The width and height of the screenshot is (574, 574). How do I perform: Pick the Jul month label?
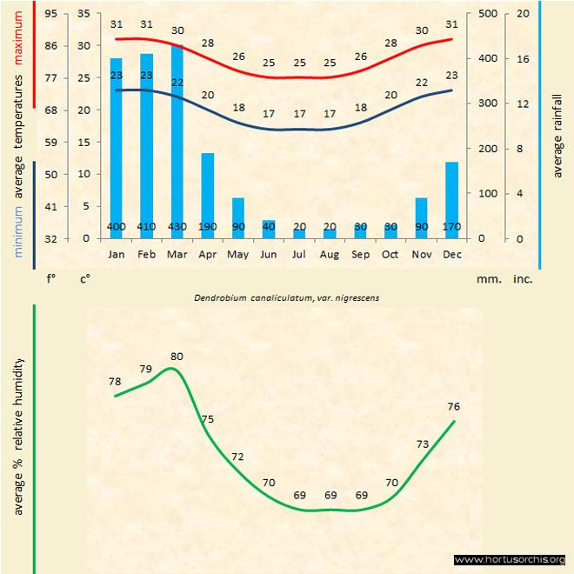299,255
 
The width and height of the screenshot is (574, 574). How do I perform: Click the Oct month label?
390,255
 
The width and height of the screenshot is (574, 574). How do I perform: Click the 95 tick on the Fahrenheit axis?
52,14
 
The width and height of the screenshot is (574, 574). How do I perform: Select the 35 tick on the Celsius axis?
83,14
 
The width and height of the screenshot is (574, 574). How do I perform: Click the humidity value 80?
177,356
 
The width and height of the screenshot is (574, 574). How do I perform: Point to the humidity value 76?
453,406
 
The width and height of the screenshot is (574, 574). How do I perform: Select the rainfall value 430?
177,227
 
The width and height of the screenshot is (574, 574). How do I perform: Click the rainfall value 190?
208,227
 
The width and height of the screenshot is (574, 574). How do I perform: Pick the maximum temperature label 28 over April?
208,43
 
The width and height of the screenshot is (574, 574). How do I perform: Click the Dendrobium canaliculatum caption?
286,297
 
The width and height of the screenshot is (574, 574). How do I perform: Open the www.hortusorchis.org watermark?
510,559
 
